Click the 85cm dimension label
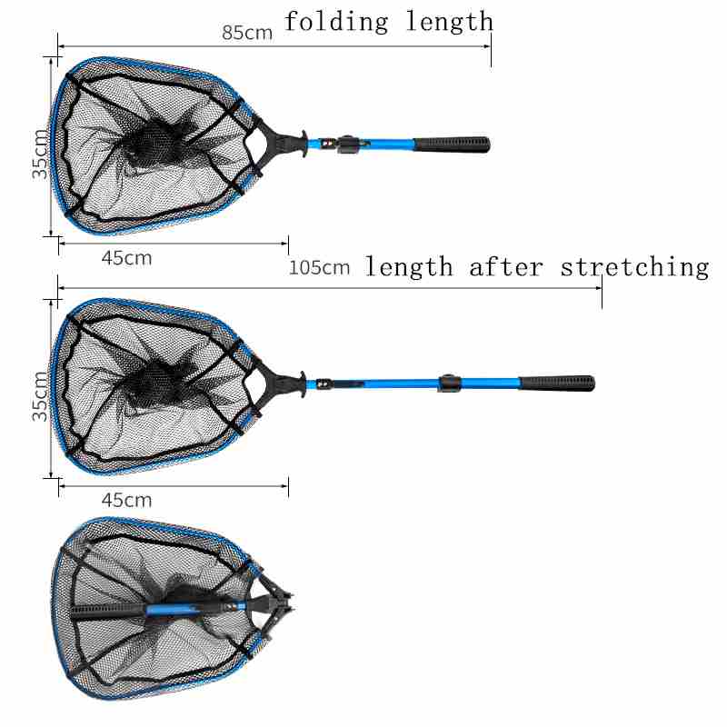248,33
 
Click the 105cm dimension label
319,268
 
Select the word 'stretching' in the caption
634,267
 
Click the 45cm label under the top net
126,258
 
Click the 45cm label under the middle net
126,500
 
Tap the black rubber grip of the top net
452,144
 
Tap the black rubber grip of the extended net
556,381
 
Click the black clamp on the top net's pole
345,144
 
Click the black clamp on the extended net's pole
447,383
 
